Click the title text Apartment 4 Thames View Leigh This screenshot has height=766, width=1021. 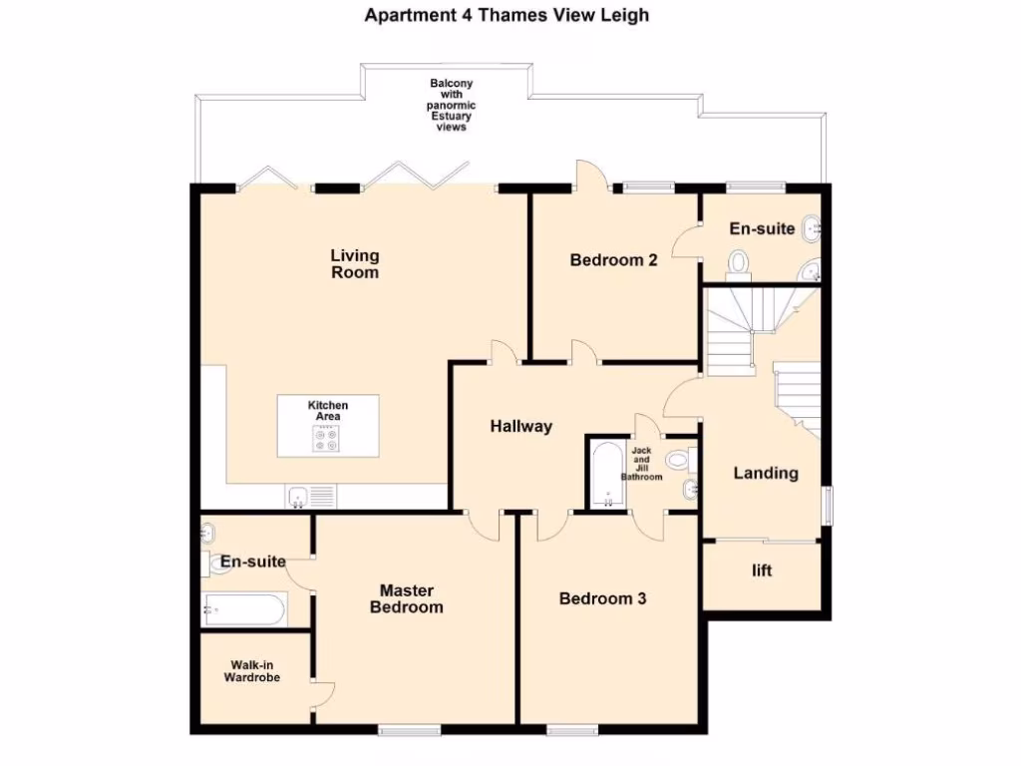point(507,15)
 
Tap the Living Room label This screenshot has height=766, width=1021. point(355,264)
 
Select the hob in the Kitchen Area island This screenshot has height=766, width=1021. point(327,438)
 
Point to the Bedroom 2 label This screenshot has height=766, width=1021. point(613,260)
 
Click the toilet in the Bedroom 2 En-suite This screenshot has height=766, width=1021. point(739,261)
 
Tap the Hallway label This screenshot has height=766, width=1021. point(520,427)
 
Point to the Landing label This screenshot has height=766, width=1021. point(766,473)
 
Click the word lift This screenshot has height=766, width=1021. point(762,572)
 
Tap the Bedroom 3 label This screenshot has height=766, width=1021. point(602,598)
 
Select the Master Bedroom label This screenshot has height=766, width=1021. point(407,598)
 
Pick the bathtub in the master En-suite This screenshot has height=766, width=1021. point(245,608)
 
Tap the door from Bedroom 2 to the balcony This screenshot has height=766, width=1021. point(590,174)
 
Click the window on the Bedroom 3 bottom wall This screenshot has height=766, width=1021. point(572,730)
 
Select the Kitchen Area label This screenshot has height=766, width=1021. point(328,410)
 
